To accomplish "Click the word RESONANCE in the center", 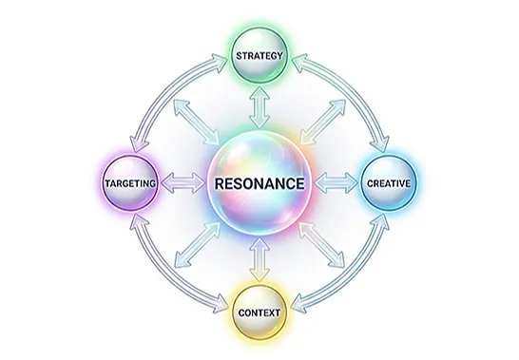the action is click(259, 183).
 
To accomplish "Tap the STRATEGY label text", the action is click(259, 56).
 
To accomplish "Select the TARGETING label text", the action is click(130, 183).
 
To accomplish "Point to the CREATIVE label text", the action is click(389, 183).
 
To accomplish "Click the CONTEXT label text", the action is click(259, 313).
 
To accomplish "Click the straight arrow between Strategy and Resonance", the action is click(259, 107).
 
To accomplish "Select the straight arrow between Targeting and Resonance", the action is click(183, 183).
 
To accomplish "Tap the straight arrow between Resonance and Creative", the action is click(336, 183).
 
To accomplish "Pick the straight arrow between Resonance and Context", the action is click(259, 259).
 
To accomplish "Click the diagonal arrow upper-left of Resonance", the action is click(197, 122).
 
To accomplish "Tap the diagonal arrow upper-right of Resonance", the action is click(323, 122).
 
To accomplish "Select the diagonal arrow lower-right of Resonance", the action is click(321, 245).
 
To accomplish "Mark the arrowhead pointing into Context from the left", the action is click(221, 307).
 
